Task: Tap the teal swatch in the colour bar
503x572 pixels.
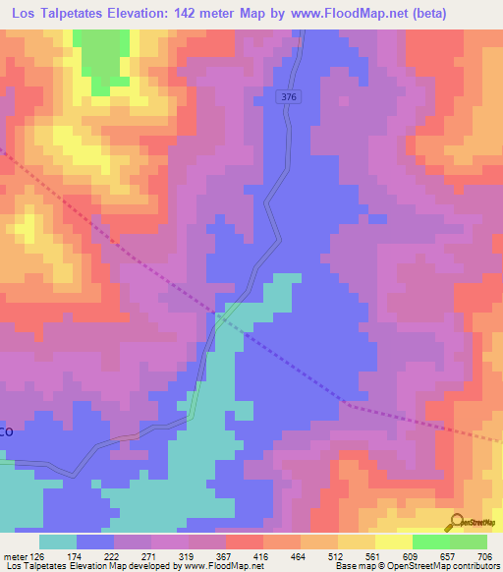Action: (x=58, y=543)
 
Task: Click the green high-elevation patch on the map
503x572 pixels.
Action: (x=93, y=59)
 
